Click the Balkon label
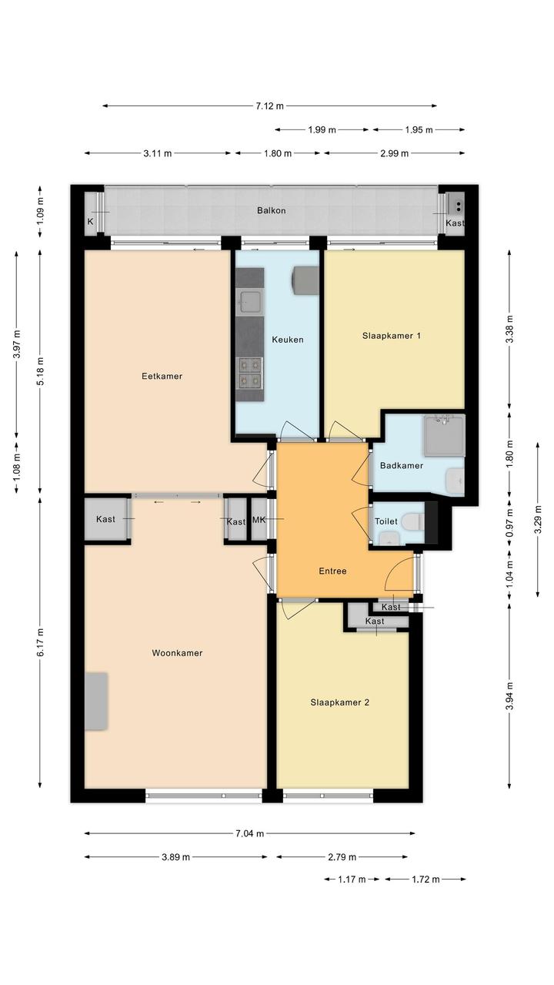click(271, 211)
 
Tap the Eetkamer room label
click(162, 376)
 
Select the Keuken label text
click(287, 340)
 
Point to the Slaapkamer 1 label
click(392, 336)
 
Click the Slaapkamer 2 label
click(339, 702)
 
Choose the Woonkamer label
click(177, 653)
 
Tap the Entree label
click(332, 571)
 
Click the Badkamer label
click(402, 465)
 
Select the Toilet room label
click(386, 521)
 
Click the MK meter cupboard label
click(259, 519)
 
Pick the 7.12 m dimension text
click(270, 106)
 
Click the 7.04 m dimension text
click(250, 833)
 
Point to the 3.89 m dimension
click(175, 856)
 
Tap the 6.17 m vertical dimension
click(40, 642)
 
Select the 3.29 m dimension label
click(538, 519)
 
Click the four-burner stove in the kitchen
click(249, 373)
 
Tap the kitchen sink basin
click(249, 303)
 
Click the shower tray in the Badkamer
click(444, 435)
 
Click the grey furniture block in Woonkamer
click(96, 702)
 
